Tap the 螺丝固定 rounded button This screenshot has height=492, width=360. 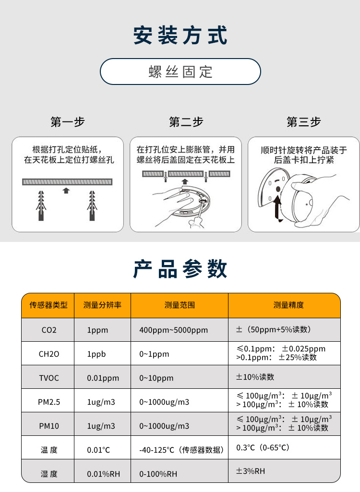coord(180,72)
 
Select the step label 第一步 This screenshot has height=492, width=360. coord(67,122)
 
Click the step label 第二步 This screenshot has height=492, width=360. coord(186,122)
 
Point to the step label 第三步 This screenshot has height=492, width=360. coord(303,122)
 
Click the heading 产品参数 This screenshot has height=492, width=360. coord(180,269)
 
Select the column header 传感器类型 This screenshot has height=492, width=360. coord(48,305)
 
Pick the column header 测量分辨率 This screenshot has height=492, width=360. coord(102,305)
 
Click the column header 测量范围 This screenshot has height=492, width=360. coord(180,305)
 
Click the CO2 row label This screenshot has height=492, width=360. coord(48,330)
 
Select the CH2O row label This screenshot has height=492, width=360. coord(48,354)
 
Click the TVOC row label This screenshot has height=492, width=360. coord(48,378)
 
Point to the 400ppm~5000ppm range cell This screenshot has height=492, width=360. coord(173,330)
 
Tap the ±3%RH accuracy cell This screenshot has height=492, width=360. coord(250,471)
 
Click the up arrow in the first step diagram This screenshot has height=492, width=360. coord(66,191)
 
